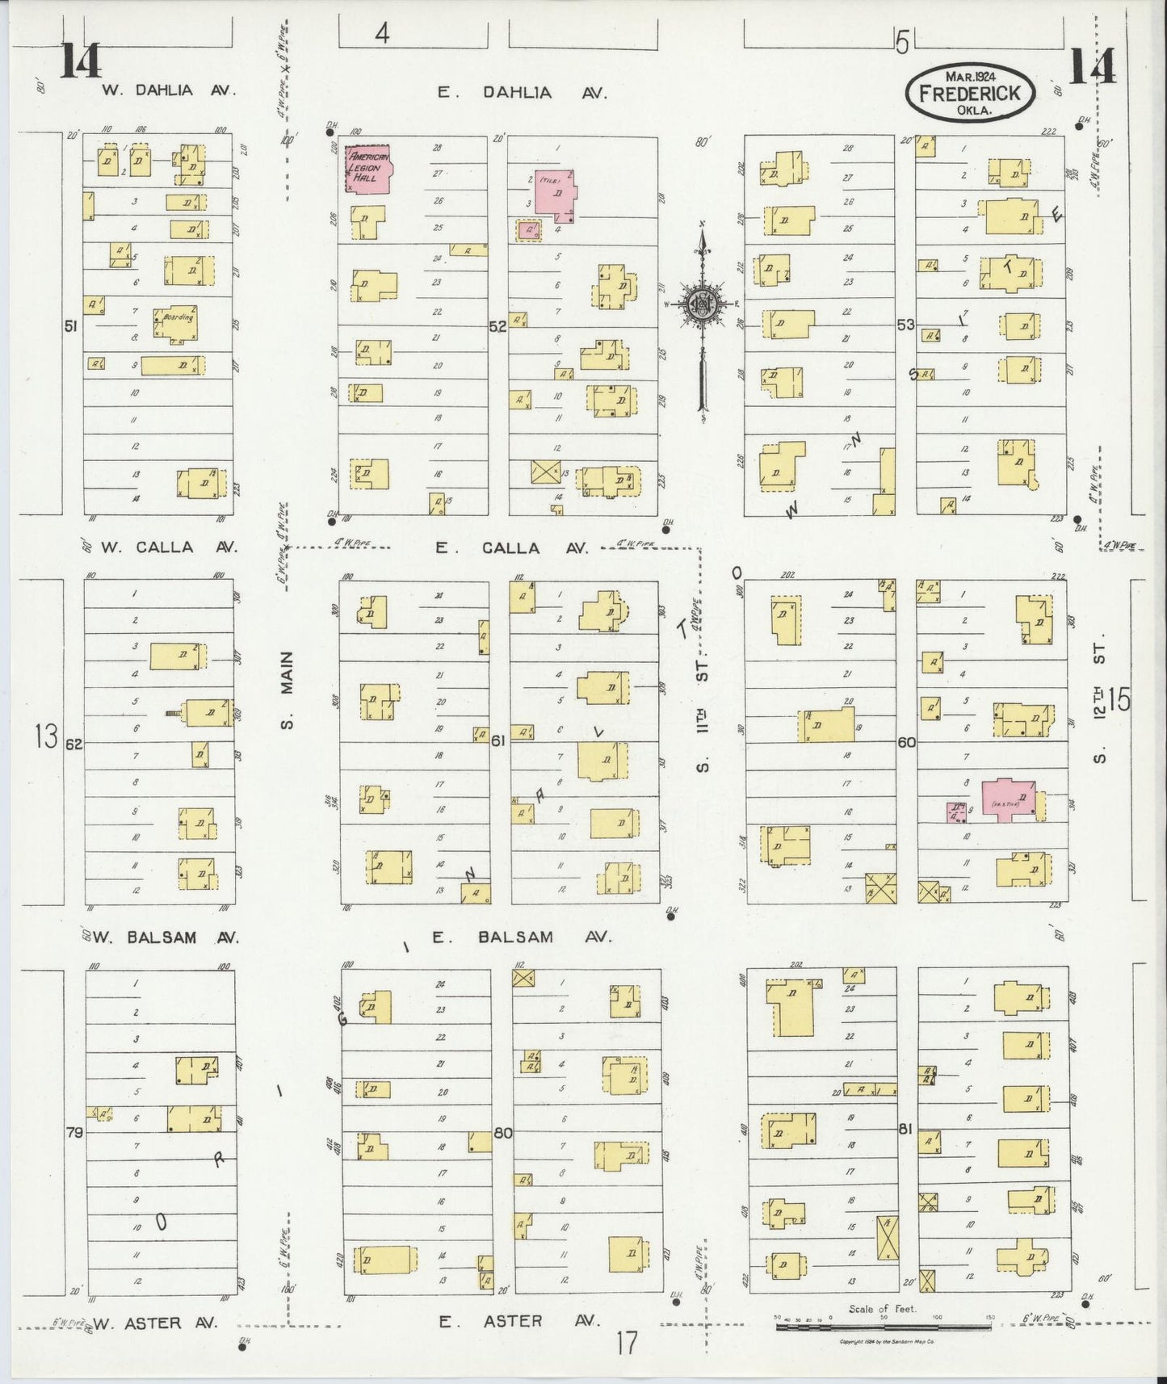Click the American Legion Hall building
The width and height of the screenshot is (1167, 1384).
click(x=368, y=169)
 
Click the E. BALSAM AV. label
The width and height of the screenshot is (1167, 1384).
click(x=521, y=937)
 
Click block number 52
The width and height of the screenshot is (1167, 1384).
click(x=497, y=327)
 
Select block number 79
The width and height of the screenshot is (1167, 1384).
click(x=73, y=1133)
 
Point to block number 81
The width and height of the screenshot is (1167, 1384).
click(x=905, y=1129)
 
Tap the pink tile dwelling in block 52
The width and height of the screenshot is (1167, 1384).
click(x=556, y=195)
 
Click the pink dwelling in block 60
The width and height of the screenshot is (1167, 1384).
click(x=1007, y=799)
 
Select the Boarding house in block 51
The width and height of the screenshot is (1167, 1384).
click(x=176, y=322)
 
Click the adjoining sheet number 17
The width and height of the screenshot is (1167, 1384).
click(x=626, y=1344)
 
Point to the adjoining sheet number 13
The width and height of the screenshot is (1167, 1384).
click(x=46, y=736)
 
